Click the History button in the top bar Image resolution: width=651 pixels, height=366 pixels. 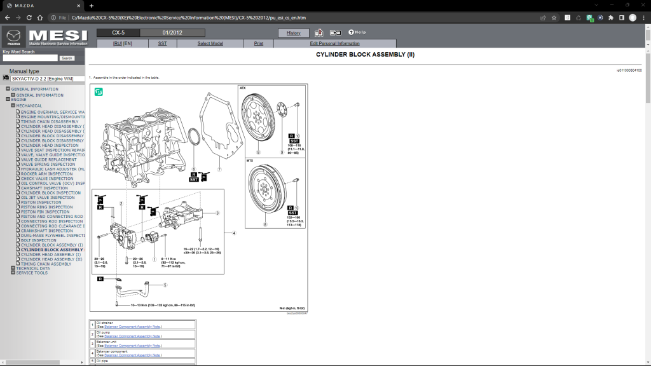[x=294, y=32]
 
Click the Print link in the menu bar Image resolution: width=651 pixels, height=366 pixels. [x=259, y=44]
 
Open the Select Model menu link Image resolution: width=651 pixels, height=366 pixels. [x=210, y=44]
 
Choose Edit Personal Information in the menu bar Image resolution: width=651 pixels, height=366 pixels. [x=334, y=44]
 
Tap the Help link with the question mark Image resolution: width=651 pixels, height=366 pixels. [x=357, y=32]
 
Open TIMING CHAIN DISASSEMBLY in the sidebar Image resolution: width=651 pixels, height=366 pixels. [x=50, y=121]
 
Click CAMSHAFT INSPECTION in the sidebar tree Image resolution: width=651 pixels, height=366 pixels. [x=44, y=188]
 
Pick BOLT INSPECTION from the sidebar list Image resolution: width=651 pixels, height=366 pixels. [x=39, y=240]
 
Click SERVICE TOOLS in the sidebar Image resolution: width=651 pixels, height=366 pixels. [x=32, y=273]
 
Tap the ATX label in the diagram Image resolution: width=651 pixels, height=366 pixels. [x=242, y=88]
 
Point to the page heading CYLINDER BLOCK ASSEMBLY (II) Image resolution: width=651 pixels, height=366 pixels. [x=365, y=55]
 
